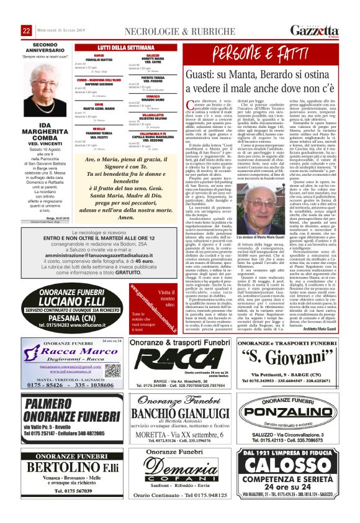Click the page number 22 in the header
[27, 31]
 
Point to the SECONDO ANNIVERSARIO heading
[50, 46]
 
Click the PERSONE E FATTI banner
[266, 53]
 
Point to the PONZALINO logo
[289, 430]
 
